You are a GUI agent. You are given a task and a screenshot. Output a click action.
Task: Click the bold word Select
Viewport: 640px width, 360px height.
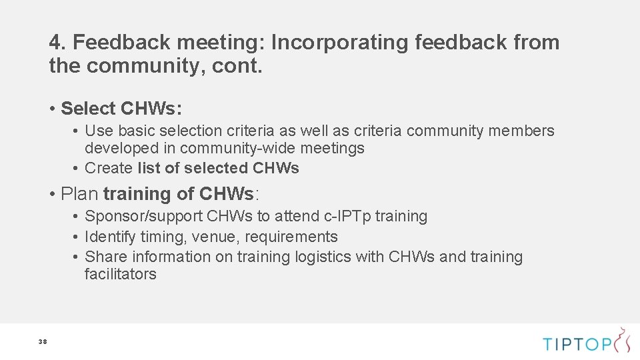[87, 108]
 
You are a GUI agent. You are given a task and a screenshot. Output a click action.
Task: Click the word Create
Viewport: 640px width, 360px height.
[109, 168]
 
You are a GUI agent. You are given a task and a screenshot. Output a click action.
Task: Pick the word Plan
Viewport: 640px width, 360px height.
[79, 194]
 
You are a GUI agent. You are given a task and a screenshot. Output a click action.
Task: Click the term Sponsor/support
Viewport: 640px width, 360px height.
[144, 217]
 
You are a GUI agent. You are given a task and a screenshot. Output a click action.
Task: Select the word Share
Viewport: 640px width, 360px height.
[106, 257]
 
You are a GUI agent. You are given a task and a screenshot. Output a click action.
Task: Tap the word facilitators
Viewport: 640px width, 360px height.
[120, 274]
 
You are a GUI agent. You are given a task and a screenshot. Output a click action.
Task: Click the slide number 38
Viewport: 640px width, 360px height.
[43, 342]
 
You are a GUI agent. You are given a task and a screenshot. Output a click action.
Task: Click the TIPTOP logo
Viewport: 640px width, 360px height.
[586, 342]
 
